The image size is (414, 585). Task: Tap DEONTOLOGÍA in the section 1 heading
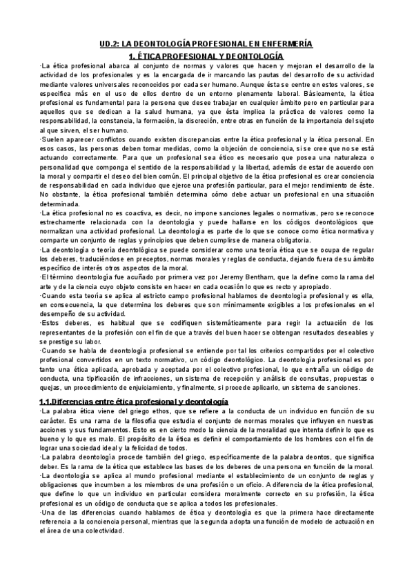pyautogui.click(x=253, y=54)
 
